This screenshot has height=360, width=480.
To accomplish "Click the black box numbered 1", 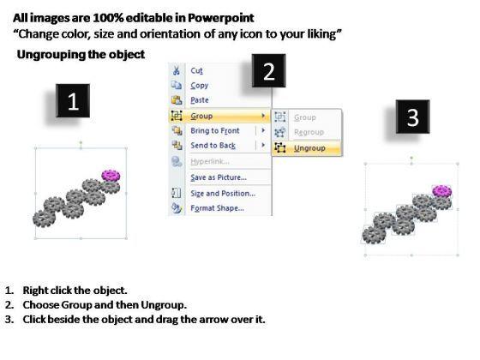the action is point(73,100).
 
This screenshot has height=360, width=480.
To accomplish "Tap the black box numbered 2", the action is point(269,70).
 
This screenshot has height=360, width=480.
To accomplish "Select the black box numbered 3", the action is point(412,117).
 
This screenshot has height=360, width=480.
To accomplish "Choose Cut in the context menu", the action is point(196,70).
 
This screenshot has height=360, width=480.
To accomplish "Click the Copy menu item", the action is point(199,86).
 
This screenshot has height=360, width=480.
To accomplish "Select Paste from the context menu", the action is point(200,100).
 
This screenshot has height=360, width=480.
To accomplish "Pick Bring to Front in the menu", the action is point(215,130).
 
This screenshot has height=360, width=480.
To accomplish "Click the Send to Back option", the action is point(213,146).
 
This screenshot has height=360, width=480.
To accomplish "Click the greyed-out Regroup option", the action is point(309,132).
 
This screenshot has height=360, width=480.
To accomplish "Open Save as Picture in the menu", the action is point(219,177).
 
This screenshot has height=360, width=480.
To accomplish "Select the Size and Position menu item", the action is point(223,194).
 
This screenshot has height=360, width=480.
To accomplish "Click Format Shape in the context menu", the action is point(218,208).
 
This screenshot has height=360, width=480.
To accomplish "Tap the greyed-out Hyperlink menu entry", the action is point(210,161).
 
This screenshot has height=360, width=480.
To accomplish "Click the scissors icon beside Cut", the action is point(177,70).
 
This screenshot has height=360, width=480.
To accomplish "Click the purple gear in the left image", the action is point(111,176).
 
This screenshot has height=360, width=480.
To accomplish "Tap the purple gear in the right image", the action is point(442,191).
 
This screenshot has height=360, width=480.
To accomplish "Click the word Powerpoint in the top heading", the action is point(221,18).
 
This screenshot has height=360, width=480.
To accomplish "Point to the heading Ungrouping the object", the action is point(81,55).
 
